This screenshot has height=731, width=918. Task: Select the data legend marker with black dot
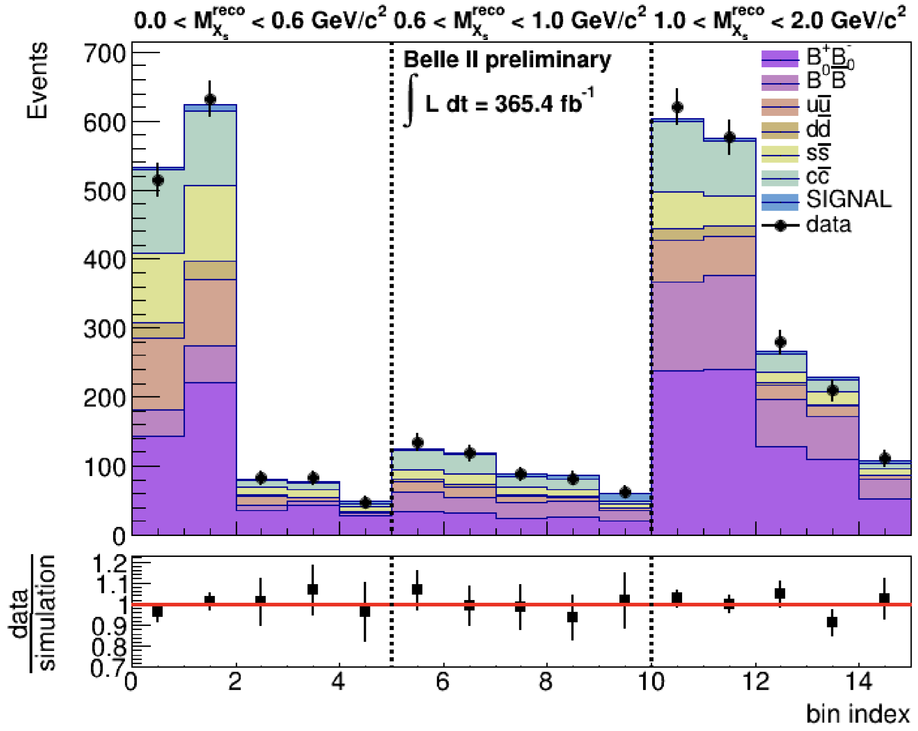[780, 225]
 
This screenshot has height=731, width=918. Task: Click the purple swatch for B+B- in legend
[780, 59]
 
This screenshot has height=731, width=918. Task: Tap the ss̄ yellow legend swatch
[780, 154]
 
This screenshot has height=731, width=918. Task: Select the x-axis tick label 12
[755, 682]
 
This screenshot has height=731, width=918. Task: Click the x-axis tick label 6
[443, 682]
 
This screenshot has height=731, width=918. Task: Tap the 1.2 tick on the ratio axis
[109, 564]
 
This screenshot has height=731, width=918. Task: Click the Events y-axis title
[37, 81]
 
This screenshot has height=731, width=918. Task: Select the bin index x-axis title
[858, 714]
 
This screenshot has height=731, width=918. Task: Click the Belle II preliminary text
[507, 60]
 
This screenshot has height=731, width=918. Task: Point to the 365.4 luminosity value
[538, 104]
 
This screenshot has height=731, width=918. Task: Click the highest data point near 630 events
[210, 99]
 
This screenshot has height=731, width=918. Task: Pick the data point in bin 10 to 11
[677, 107]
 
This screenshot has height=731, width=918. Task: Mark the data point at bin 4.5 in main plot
[365, 503]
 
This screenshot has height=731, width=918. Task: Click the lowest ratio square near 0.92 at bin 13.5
[832, 622]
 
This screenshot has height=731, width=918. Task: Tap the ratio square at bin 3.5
[313, 590]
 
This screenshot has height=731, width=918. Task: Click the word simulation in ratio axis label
[47, 612]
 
